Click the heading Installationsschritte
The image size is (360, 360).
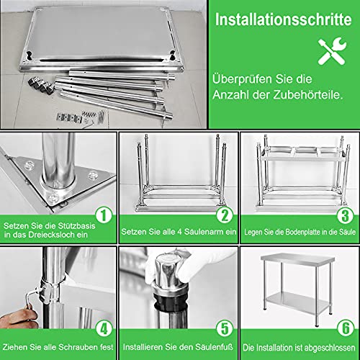[283, 19]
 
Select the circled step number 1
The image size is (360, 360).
[104, 215]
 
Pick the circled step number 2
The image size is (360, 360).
[225, 215]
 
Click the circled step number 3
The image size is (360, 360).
[346, 215]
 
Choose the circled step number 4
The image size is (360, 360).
[104, 328]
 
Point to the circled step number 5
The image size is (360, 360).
[225, 328]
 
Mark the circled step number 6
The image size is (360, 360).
[346, 328]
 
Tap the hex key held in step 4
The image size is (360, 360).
[31, 300]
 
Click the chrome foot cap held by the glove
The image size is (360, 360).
[167, 271]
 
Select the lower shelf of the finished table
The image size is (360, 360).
[298, 302]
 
